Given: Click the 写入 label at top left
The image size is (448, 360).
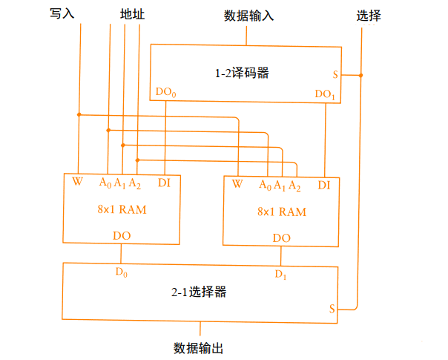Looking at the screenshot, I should point(63,14).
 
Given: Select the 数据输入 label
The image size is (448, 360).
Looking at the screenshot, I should point(248,15).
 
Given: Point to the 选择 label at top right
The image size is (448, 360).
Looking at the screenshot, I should point(369,15).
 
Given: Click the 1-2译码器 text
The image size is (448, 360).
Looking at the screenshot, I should point(242,73).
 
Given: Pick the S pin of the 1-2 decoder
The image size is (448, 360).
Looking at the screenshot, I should point(335,75).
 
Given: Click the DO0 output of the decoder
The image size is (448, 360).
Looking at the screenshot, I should point(165,94).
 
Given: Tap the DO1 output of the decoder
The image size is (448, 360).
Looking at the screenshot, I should point(325,94).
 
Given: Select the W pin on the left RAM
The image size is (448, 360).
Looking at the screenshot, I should point(77,182).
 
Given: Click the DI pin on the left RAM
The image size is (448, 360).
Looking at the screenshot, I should point(165,182).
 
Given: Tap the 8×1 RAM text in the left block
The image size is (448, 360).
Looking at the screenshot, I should point(122,209).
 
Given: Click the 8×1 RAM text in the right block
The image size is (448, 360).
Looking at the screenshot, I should point(282,212).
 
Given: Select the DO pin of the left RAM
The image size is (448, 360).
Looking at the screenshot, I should point(122,235).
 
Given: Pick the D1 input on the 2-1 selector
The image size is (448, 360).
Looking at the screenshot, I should point(280,275).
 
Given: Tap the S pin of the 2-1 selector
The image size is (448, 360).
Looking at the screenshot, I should point(334,307).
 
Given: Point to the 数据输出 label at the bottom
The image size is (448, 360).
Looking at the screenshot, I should point(199,347).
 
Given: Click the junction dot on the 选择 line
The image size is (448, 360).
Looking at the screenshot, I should point(360,75).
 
